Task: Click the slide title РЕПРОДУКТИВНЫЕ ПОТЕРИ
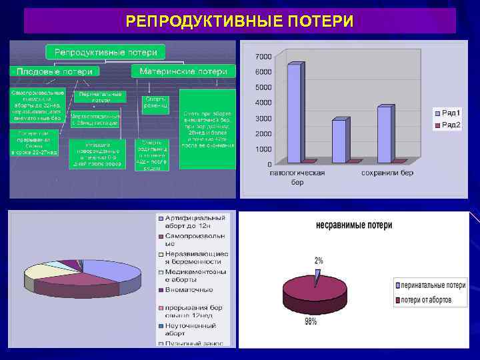tap(239, 21)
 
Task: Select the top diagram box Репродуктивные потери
tap(105, 51)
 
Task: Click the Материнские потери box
tap(183, 71)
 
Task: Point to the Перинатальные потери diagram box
tap(100, 97)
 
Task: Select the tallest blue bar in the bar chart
tap(294, 113)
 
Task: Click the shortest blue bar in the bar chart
tap(339, 141)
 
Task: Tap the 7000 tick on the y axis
tap(263, 56)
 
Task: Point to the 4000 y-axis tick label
tap(263, 103)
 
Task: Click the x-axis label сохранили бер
tap(387, 173)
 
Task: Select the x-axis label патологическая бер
tap(297, 177)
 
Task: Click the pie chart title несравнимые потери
tap(354, 225)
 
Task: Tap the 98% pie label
tap(310, 323)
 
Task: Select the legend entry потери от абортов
tap(427, 300)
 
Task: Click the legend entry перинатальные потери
tap(430, 285)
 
